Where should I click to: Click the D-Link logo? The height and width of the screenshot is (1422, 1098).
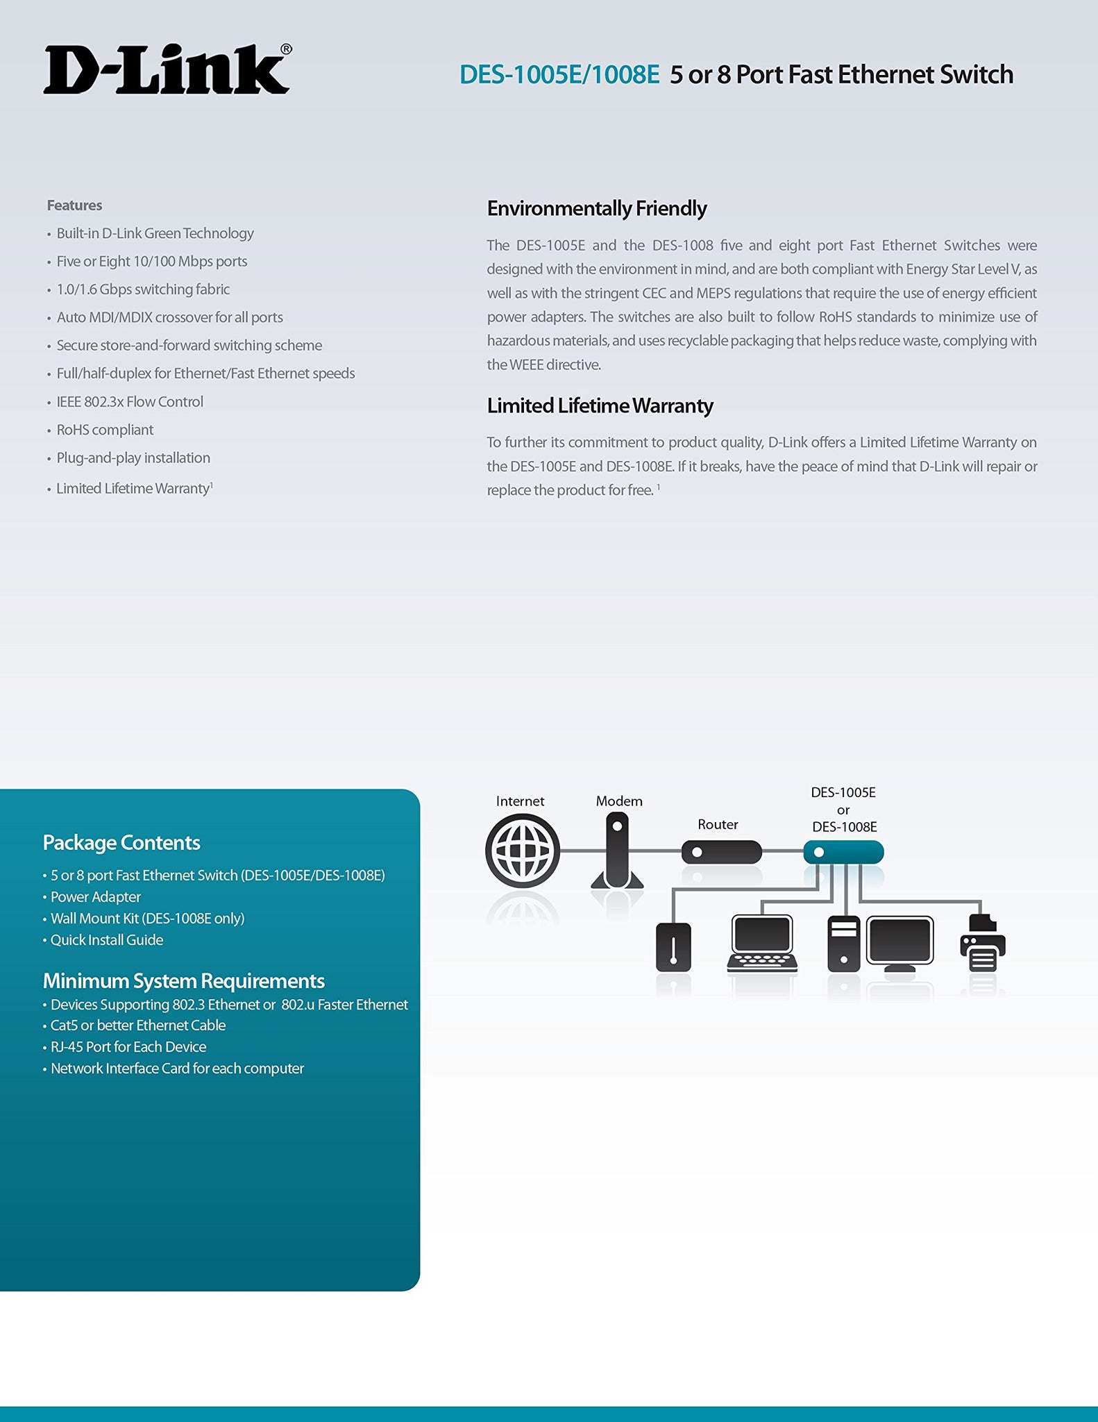click(167, 69)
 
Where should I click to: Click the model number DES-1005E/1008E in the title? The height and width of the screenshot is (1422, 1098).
click(559, 75)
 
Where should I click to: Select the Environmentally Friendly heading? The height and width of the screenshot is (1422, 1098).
click(596, 208)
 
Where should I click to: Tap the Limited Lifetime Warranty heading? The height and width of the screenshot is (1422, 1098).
click(600, 405)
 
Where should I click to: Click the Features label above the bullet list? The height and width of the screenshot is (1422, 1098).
click(74, 206)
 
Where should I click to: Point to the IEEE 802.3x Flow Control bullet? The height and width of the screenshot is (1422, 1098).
click(130, 402)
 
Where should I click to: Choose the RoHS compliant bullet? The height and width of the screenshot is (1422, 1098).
click(105, 430)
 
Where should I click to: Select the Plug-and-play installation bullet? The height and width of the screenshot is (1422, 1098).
click(133, 458)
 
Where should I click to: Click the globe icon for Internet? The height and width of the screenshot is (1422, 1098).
click(522, 851)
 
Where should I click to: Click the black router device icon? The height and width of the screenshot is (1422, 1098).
click(721, 852)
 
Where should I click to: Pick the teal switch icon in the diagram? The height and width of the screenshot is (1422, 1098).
click(843, 852)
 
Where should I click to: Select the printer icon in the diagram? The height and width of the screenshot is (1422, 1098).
click(982, 944)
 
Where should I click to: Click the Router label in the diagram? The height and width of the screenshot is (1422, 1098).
click(718, 824)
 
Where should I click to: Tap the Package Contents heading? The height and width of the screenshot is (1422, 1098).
click(121, 843)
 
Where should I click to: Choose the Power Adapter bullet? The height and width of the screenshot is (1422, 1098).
click(96, 897)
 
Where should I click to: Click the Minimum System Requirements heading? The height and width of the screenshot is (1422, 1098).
click(184, 981)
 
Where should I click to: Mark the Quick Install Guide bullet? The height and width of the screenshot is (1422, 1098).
click(107, 940)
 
